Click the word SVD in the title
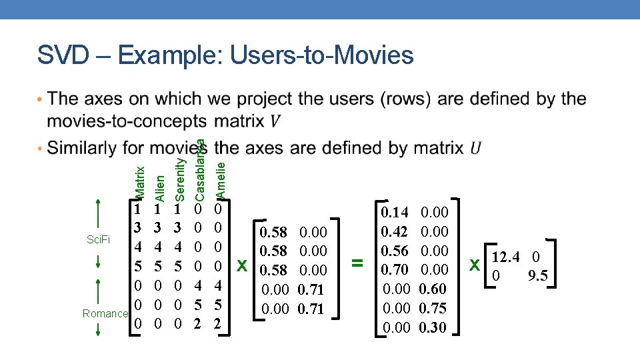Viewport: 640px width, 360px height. [65, 55]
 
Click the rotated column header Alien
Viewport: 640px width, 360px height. [159, 187]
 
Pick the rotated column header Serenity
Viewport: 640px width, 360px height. [179, 179]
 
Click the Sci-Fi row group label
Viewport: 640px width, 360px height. [98, 239]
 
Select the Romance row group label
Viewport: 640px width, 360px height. [105, 313]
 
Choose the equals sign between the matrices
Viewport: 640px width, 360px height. [358, 264]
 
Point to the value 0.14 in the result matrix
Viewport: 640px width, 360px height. [395, 213]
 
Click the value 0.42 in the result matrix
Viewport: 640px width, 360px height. [395, 231]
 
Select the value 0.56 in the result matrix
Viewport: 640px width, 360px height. [395, 251]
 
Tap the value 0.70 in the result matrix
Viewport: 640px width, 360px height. [395, 270]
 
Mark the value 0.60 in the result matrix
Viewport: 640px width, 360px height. [433, 289]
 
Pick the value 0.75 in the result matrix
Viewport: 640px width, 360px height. [433, 308]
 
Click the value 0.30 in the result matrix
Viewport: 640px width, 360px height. [433, 327]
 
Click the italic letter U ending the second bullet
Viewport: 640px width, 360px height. [476, 148]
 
